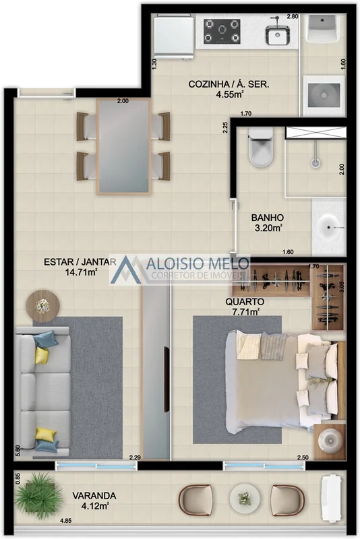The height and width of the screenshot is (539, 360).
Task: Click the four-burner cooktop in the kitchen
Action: click(222, 31)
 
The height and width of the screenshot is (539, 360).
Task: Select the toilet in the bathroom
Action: click(261, 148)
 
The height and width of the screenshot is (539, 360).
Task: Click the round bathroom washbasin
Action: click(329, 227)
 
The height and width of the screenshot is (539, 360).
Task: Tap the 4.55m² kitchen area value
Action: click(230, 94)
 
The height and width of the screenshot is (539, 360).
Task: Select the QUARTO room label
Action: click(245, 302)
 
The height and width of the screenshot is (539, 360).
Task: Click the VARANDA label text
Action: click(94, 496)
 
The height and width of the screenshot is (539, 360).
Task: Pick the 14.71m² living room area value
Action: click(81, 272)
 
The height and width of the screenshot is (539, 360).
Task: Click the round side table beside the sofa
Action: click(43, 306)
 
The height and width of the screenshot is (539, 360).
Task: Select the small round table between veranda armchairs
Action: click(245, 499)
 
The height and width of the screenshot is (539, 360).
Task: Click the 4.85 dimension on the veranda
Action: click(65, 521)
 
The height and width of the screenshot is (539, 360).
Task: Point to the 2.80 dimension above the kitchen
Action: click(293, 16)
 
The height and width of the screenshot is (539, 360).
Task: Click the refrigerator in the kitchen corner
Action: click(174, 36)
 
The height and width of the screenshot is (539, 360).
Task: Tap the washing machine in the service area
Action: click(324, 95)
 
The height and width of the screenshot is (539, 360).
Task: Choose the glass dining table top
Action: click(123, 146)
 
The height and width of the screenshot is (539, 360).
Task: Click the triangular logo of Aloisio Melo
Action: click(126, 270)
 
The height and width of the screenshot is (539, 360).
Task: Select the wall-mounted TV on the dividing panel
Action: click(167, 379)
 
